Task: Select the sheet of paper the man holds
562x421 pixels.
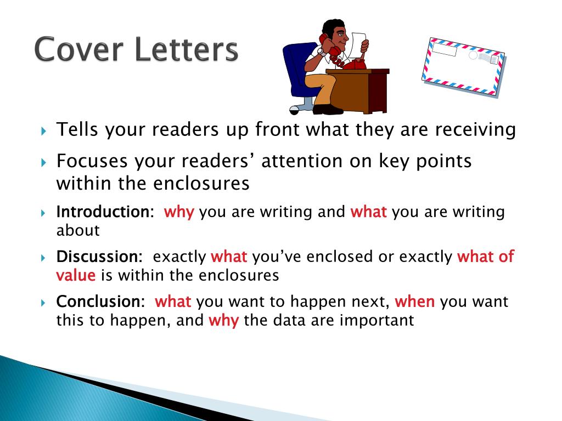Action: (359, 45)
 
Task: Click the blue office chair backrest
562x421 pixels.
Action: (297, 68)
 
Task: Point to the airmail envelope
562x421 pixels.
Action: (463, 67)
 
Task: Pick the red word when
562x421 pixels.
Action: (415, 301)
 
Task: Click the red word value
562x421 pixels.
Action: (76, 275)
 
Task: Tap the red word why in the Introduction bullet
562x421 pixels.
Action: (179, 212)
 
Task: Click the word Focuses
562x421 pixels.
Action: (92, 161)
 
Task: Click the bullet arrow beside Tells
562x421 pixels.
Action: (44, 130)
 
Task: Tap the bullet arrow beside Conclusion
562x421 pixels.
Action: (44, 303)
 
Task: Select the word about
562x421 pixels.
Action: (78, 230)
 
